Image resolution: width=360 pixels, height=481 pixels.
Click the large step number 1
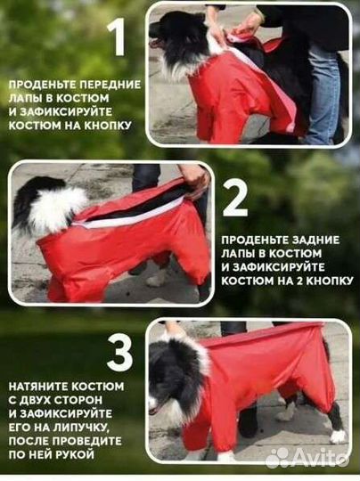pyautogui.click(x=116, y=37)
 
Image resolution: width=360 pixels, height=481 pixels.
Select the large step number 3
pyautogui.click(x=119, y=352)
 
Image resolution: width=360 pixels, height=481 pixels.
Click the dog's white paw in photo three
pyautogui.click(x=338, y=436)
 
